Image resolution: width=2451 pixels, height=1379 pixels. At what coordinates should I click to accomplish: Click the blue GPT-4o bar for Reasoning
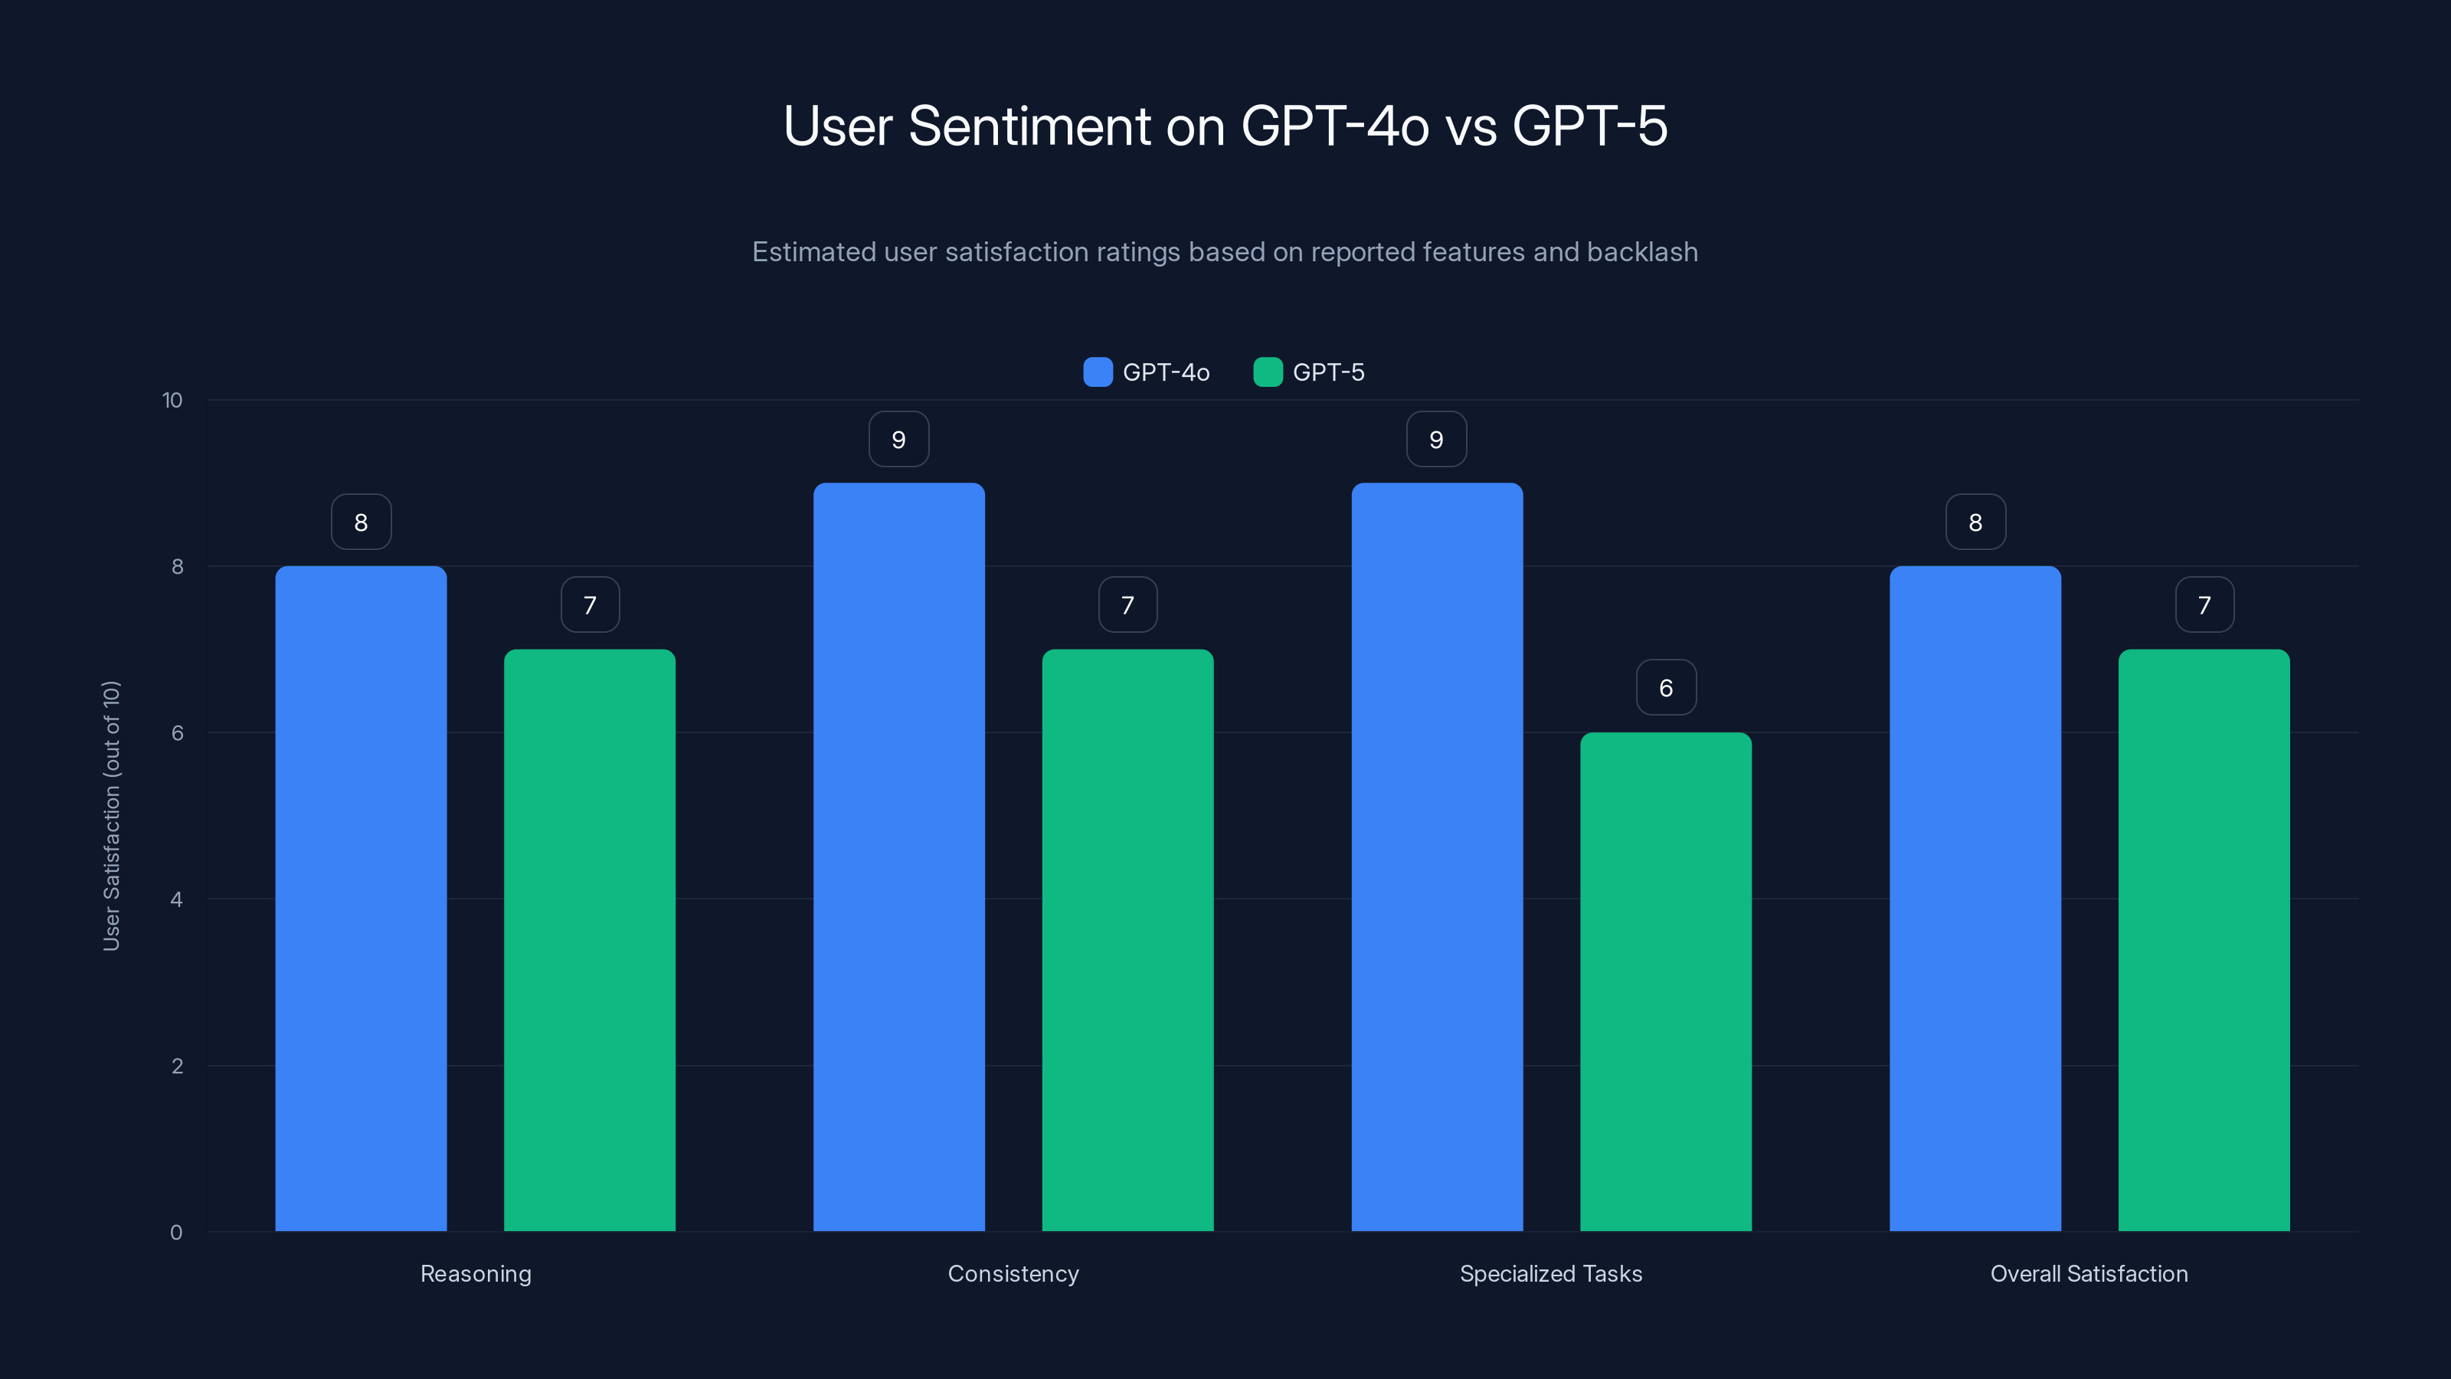point(361,899)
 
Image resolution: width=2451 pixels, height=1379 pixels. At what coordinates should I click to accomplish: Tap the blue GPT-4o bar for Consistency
point(898,857)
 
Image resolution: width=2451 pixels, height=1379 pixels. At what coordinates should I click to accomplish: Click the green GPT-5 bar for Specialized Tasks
point(1665,981)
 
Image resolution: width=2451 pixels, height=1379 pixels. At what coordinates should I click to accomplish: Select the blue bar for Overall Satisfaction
point(1975,899)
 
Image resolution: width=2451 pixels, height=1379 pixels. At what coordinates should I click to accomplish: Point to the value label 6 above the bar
point(1665,687)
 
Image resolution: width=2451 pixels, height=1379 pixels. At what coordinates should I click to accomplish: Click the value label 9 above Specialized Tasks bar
point(1436,439)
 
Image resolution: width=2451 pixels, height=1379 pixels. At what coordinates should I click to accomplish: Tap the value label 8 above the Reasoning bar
point(361,522)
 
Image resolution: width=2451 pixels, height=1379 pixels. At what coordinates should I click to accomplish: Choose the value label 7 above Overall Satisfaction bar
point(2204,604)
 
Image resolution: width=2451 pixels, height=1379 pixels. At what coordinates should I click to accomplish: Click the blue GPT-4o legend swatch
point(1097,372)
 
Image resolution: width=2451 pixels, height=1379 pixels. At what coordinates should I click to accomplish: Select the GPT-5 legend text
point(1328,372)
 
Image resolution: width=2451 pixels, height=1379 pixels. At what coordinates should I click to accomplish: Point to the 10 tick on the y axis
point(172,400)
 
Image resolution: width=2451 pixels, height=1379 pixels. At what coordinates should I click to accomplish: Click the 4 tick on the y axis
point(176,899)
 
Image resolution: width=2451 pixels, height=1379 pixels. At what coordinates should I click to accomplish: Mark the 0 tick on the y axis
point(176,1233)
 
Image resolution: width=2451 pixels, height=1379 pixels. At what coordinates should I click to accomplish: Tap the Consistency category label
point(1013,1273)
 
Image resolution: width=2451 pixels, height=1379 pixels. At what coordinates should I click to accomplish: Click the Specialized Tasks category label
point(1550,1273)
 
